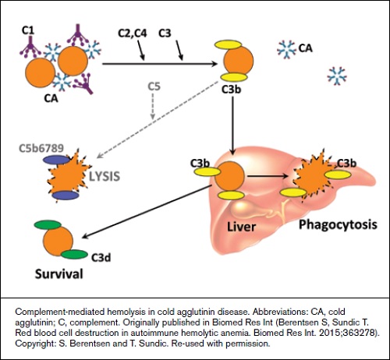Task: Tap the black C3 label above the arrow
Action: [x=165, y=34]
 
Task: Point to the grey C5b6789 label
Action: [x=44, y=146]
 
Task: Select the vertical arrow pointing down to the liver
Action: [x=232, y=117]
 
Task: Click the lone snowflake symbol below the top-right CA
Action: [x=336, y=76]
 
